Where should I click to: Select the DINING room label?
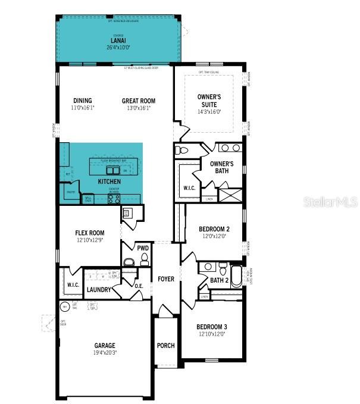point(83,101)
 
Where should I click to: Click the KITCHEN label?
point(109,181)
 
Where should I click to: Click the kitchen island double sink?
point(114,170)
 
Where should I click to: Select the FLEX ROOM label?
point(90,233)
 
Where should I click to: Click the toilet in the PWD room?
point(145,259)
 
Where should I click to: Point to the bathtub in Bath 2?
point(236,277)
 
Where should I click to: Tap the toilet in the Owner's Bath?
point(182,150)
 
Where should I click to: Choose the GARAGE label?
point(104,345)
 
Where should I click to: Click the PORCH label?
point(165,346)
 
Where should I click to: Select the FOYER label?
point(166,279)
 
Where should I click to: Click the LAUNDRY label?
point(99,290)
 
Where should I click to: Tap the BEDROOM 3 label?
point(212,327)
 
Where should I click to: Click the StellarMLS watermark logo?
point(331,202)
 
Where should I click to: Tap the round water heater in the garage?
point(64,307)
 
